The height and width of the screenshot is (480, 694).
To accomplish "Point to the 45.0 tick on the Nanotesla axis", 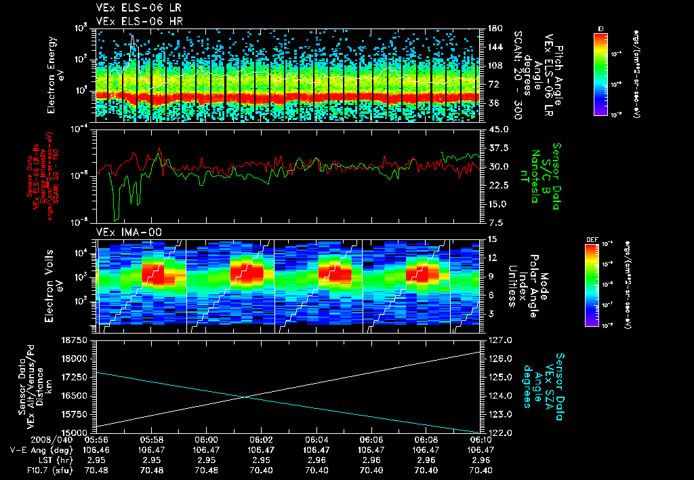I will (495, 129).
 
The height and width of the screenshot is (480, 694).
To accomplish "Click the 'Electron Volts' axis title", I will (52, 285).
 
